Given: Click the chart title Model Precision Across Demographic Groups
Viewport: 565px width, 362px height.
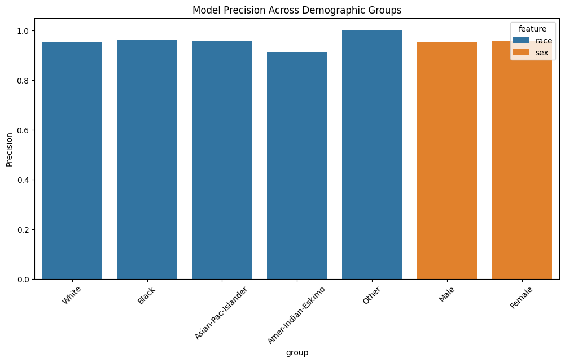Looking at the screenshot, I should click(297, 10).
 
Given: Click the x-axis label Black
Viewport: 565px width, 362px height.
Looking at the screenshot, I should click(147, 295).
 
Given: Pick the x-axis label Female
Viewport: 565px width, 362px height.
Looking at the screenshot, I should click(521, 297).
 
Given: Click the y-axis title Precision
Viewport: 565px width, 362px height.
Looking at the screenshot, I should click(8, 149).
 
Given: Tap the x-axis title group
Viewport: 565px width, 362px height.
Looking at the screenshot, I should click(297, 352).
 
